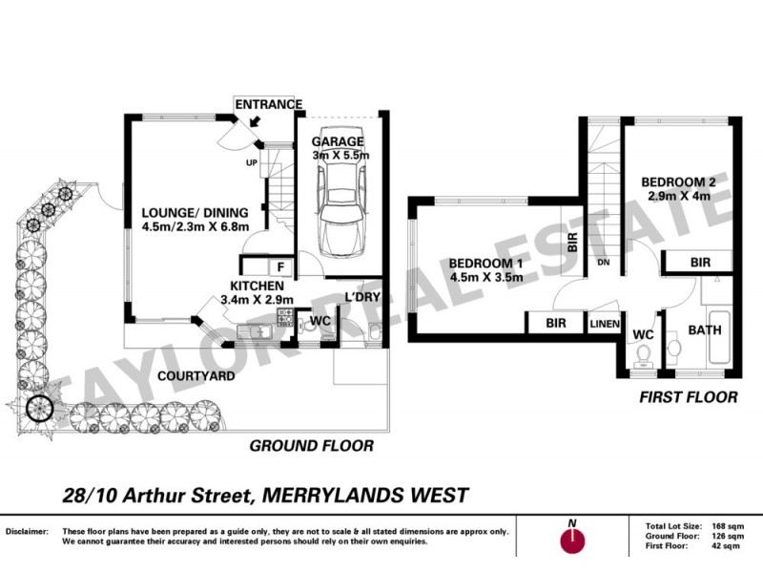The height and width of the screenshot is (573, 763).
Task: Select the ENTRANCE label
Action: tap(268, 104)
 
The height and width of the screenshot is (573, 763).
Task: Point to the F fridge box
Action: tap(282, 267)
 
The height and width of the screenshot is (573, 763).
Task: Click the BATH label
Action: tap(705, 330)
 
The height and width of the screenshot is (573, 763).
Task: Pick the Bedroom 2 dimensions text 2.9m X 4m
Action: tap(677, 198)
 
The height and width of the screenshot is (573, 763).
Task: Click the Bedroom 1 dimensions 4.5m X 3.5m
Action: tap(488, 281)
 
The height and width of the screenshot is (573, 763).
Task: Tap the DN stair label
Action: tap(603, 263)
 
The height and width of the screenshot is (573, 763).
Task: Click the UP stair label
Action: tap(252, 163)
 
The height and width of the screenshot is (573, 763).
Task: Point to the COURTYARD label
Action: tap(196, 377)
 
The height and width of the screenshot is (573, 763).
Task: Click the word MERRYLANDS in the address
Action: tap(321, 495)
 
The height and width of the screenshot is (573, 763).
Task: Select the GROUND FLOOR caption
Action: tap(311, 446)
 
